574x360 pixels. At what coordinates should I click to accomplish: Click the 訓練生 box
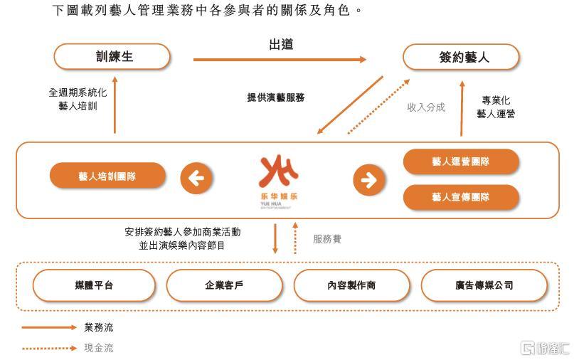112,57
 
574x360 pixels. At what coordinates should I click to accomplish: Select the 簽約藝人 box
461,57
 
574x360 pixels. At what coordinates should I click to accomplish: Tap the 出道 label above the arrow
281,45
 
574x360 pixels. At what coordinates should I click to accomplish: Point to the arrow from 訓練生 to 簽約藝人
280,59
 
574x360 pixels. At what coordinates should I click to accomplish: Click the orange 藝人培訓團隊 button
107,176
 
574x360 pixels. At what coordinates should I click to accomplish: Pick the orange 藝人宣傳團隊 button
461,197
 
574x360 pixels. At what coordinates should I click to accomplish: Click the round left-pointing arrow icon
196,179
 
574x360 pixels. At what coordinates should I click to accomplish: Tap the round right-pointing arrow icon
369,180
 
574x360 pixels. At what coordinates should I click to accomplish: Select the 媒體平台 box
94,285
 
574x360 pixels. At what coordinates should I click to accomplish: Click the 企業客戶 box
224,285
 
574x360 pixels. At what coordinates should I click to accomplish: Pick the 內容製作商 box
352,285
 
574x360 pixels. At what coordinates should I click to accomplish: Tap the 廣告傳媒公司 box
484,285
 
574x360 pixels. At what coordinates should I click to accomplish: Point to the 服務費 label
327,239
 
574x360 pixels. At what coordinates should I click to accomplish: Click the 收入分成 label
426,107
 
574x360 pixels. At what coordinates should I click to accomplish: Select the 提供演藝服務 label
276,97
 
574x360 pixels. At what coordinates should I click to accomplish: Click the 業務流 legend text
99,327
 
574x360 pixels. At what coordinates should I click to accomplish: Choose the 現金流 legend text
99,348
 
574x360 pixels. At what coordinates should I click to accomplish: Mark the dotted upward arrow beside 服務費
295,238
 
